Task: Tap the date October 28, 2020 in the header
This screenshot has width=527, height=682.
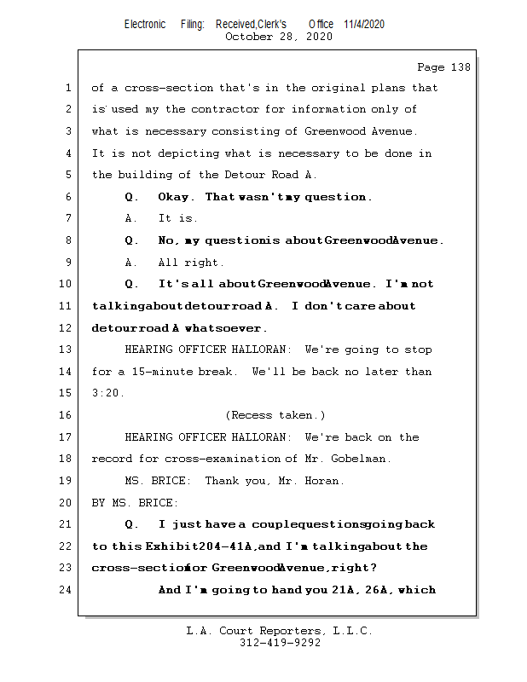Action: pos(279,37)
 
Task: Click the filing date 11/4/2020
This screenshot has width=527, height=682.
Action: pos(364,25)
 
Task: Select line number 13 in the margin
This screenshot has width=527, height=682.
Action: pos(67,350)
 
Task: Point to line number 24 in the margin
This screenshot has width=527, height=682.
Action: pos(67,590)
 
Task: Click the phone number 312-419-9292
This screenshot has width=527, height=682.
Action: pos(280,644)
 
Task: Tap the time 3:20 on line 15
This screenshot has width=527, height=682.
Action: pos(108,393)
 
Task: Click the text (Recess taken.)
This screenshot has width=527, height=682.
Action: pos(275,415)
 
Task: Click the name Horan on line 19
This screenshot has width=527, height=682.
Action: pos(322,481)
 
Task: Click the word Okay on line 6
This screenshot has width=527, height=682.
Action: pos(177,197)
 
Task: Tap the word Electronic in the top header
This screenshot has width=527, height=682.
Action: pos(145,25)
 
